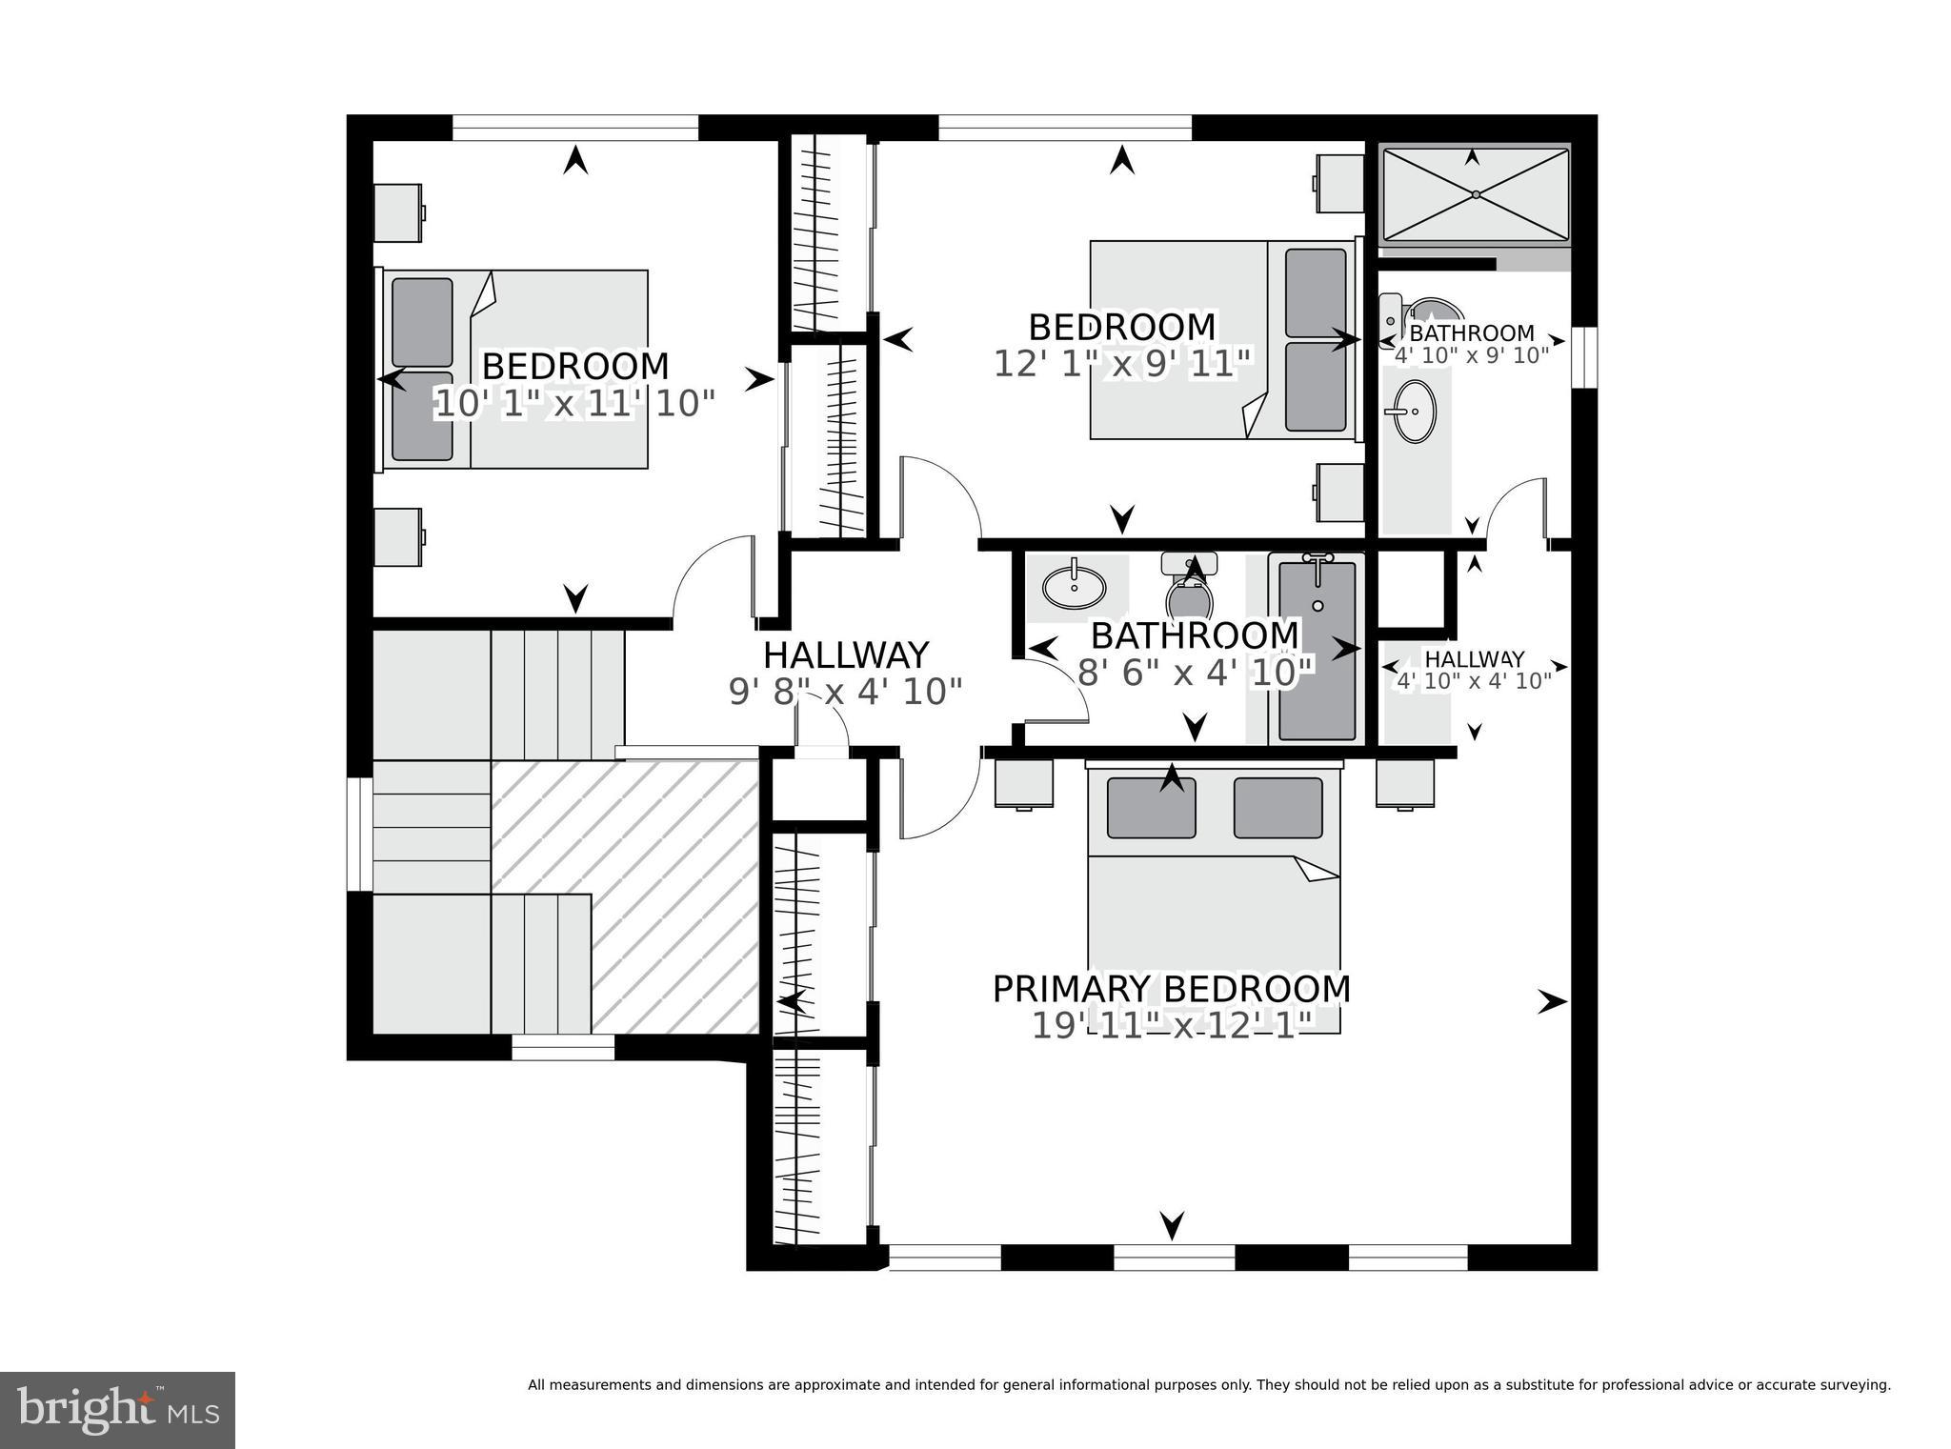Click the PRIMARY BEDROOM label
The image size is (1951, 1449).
coord(1172,989)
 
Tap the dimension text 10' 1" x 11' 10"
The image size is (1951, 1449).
coord(574,404)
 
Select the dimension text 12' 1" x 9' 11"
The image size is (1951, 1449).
coord(1121,364)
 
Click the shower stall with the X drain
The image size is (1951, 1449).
coord(1474,194)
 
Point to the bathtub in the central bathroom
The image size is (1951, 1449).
coord(1317,652)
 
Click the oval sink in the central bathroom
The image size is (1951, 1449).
coord(1075,587)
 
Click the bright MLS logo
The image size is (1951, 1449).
coord(117,1410)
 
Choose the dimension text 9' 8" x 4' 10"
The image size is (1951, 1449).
coord(845,691)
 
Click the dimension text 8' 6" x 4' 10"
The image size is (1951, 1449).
coord(1196,673)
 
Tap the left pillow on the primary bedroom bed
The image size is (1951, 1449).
coord(1151,808)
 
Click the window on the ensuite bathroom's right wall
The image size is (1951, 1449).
coord(1583,357)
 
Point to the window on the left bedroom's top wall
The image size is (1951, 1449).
coord(575,128)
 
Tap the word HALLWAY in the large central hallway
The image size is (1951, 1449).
coord(845,655)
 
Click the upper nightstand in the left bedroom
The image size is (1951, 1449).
coord(397,212)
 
